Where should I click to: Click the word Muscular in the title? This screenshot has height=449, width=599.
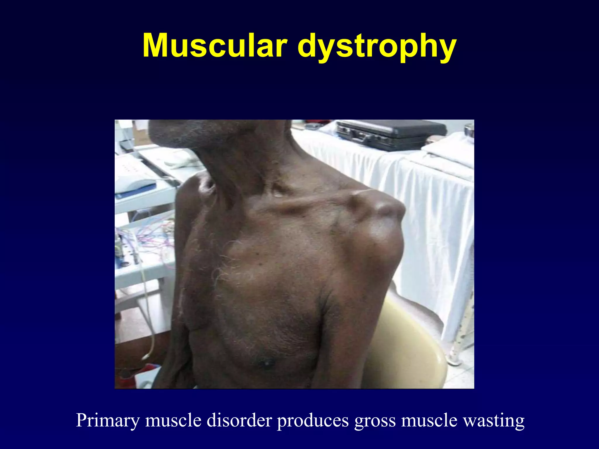click(x=215, y=46)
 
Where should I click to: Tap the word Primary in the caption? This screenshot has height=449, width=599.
click(x=108, y=420)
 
